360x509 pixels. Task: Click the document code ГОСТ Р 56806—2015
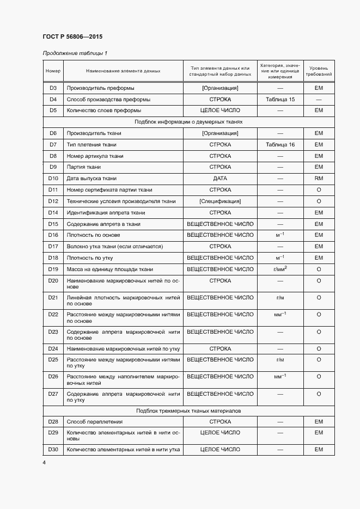click(72, 37)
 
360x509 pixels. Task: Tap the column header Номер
click(53, 71)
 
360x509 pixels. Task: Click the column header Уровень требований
click(319, 71)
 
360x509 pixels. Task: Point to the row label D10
click(53, 179)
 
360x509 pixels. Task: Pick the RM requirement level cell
click(319, 179)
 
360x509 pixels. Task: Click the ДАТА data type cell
click(220, 179)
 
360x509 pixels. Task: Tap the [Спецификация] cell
click(220, 201)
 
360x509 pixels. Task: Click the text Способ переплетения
click(95, 422)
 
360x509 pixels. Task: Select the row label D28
click(53, 422)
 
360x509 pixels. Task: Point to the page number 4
click(44, 463)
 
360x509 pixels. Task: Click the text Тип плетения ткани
click(91, 145)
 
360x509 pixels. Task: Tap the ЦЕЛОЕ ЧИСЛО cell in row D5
click(220, 111)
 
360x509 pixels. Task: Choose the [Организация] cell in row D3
click(220, 88)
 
